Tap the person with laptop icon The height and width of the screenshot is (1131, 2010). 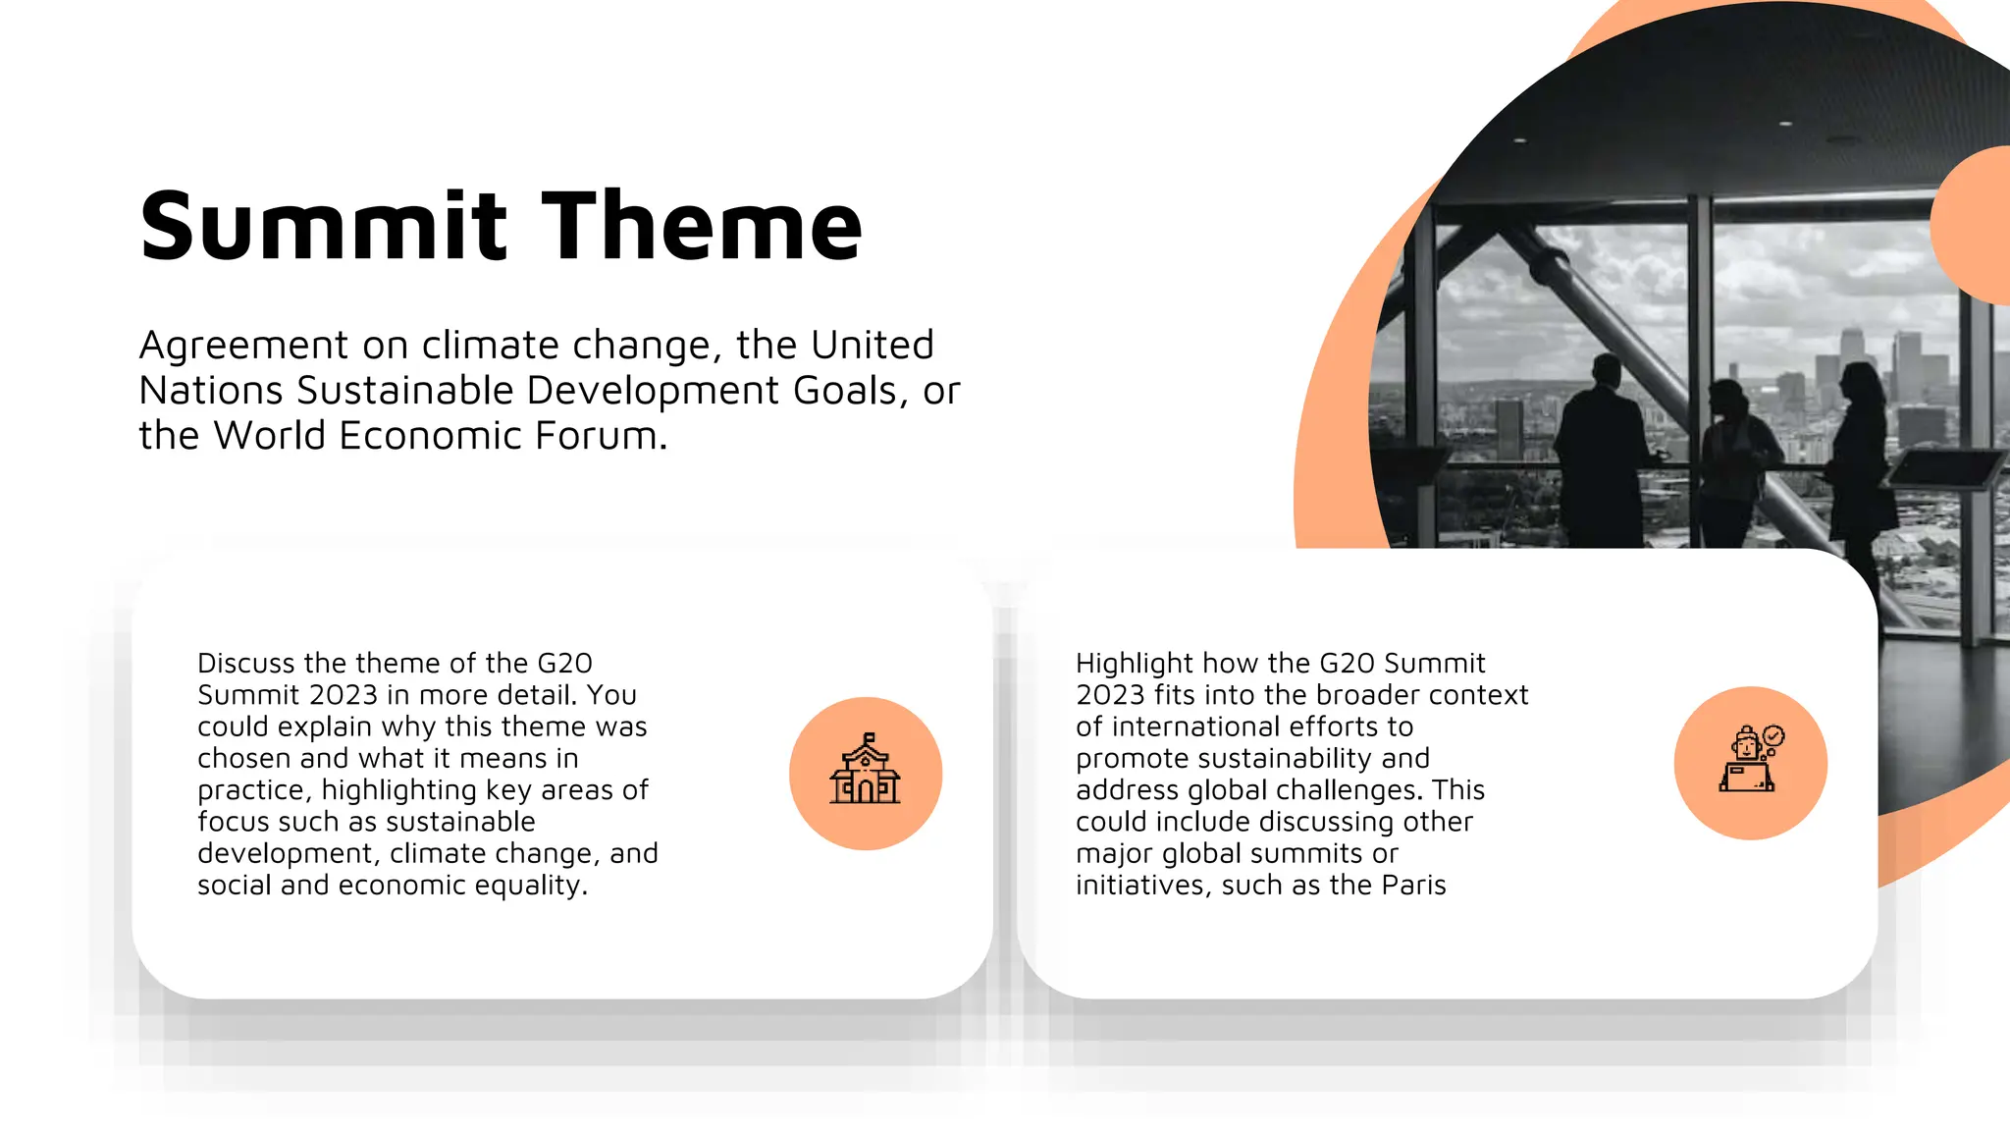(x=1750, y=762)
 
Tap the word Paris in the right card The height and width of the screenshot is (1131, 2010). (x=1413, y=886)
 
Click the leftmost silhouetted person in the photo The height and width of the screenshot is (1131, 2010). (x=1600, y=452)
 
